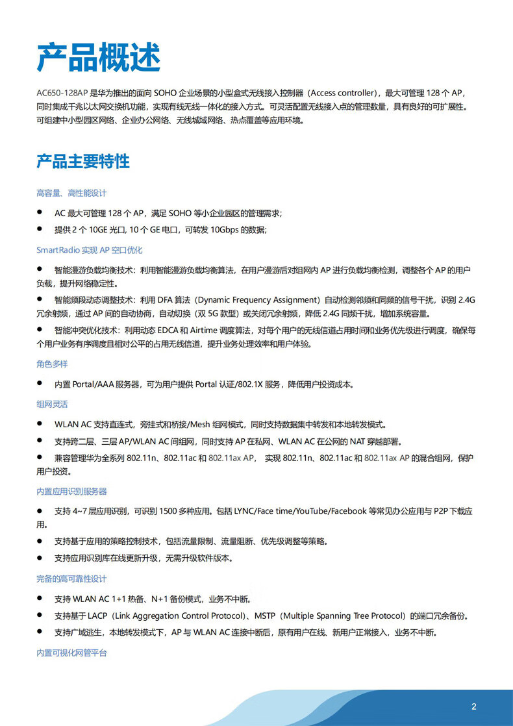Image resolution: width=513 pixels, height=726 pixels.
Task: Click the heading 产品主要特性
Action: coord(83,162)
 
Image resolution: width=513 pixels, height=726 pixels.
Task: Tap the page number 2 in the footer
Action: coord(474,707)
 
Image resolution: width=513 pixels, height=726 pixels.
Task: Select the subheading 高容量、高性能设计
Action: coord(71,193)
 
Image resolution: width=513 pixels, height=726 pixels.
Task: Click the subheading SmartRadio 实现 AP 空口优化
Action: coord(89,250)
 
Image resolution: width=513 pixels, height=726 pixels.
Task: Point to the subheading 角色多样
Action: coord(52,364)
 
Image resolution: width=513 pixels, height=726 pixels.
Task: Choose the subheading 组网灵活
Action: coord(52,405)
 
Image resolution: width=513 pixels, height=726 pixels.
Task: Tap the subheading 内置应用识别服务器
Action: coord(71,492)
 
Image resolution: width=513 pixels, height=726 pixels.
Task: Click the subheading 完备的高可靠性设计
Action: coord(71,579)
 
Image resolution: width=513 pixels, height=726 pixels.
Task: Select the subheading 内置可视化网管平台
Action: coord(71,653)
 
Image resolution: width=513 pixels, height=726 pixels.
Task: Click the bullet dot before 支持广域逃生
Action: coord(40,632)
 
